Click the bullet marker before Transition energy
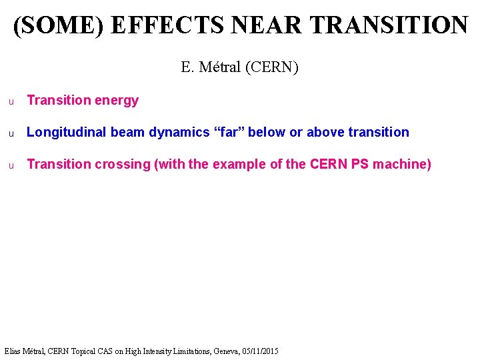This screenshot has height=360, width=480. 11,101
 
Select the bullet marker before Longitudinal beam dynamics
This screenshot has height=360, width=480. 11,133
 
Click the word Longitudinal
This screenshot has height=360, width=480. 67,133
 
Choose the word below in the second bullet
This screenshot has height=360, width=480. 267,132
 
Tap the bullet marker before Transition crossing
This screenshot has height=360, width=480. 11,165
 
